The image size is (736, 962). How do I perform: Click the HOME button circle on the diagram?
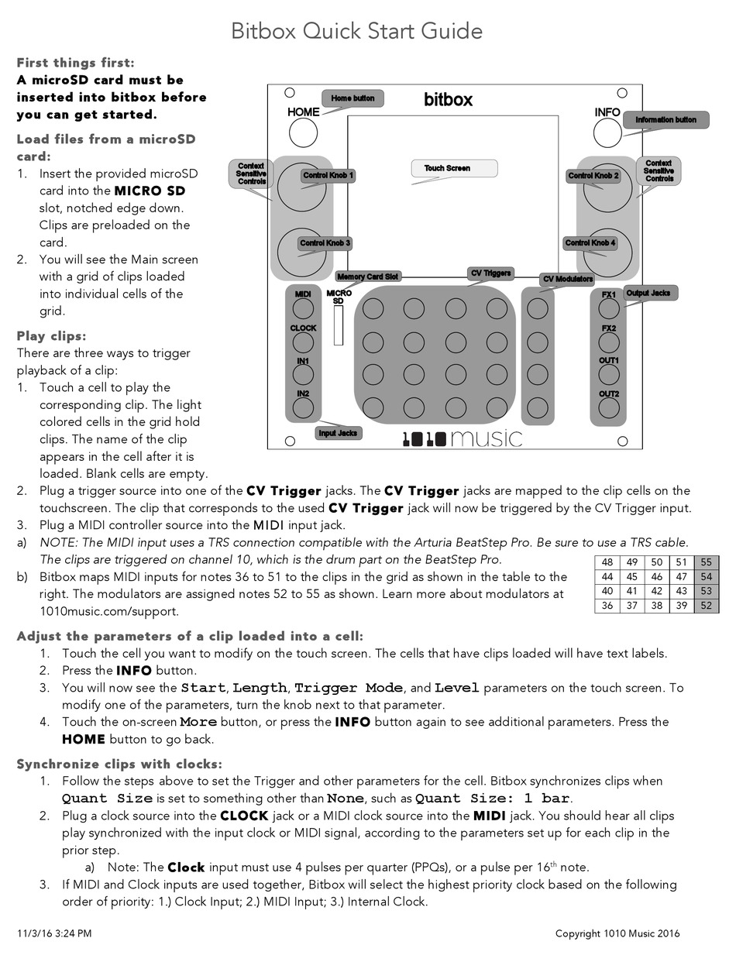click(x=304, y=133)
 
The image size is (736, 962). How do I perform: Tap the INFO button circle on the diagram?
click(x=607, y=134)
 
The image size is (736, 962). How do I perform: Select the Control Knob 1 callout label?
click(x=328, y=176)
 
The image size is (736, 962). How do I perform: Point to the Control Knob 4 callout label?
click(x=590, y=243)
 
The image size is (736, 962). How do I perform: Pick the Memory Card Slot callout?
click(x=368, y=277)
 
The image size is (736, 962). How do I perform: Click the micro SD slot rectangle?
click(x=339, y=325)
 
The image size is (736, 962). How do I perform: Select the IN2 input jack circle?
click(x=303, y=409)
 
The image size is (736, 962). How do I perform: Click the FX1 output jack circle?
click(x=609, y=309)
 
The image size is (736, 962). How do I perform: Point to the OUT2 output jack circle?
click(x=609, y=409)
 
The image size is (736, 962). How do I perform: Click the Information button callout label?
click(x=665, y=120)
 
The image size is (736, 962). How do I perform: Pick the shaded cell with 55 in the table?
click(x=705, y=563)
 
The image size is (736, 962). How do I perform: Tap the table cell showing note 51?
click(x=681, y=563)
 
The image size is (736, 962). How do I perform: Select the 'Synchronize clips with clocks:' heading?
click(x=119, y=764)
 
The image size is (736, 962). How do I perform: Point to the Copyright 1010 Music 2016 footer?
click(x=617, y=933)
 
